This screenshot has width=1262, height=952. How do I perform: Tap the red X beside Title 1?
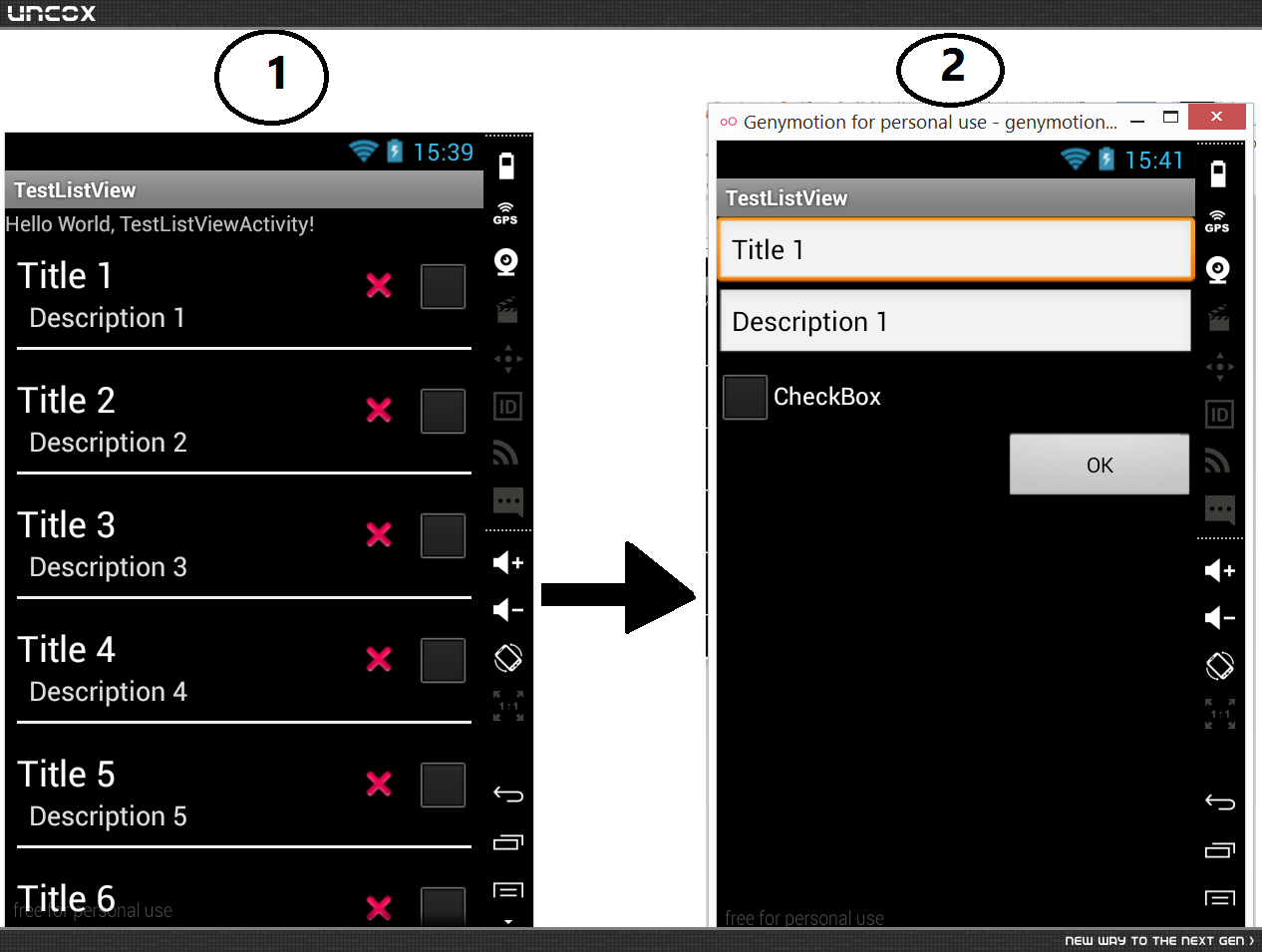point(379,285)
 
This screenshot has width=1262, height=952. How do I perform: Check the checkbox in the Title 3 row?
point(443,535)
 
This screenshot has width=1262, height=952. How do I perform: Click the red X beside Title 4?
point(379,659)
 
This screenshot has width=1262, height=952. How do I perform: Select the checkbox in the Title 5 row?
point(443,785)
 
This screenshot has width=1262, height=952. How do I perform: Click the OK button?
point(1100,464)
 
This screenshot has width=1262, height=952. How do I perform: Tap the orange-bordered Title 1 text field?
point(956,249)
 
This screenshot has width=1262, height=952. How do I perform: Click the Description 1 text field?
point(956,321)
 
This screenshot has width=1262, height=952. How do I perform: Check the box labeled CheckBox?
point(745,397)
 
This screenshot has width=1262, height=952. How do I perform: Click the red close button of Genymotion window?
point(1216,117)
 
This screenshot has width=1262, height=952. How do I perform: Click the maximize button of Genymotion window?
point(1170,118)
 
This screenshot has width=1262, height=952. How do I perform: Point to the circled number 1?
point(272,77)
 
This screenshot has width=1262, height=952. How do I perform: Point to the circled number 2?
point(950,70)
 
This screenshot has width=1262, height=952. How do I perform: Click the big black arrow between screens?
point(618,587)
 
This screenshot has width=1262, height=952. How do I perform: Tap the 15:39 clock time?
point(444,153)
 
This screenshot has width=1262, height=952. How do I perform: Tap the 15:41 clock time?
point(1154,160)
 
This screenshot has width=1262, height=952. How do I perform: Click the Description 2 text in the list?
point(108,443)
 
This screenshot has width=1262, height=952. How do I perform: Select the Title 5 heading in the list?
point(66,774)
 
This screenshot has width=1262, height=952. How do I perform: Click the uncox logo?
point(51,13)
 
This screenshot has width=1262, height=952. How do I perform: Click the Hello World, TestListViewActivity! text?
point(159,224)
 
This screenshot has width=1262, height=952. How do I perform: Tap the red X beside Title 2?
point(379,410)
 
